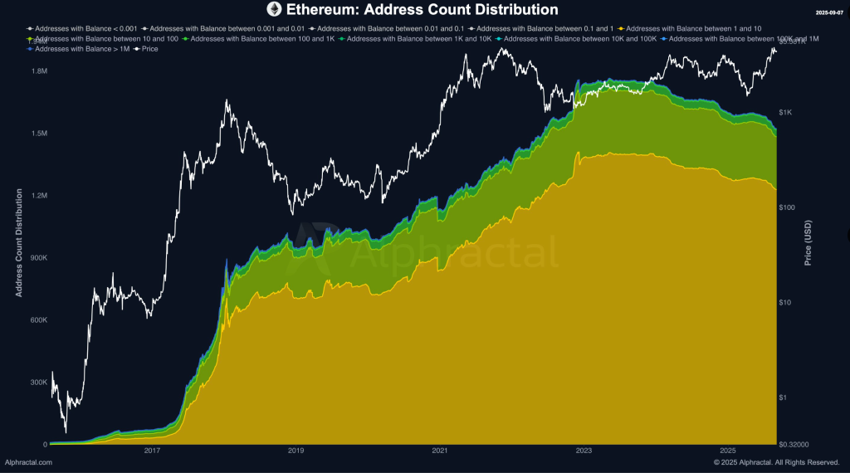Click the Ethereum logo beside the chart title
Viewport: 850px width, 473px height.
(274, 10)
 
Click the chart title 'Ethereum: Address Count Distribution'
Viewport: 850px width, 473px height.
(423, 10)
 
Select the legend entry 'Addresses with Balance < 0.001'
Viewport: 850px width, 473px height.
(81, 28)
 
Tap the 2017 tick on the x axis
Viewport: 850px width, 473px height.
(152, 451)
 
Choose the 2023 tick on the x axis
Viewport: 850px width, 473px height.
(584, 451)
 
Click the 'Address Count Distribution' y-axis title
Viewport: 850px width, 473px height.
(19, 242)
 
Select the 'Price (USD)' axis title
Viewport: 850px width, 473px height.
(809, 242)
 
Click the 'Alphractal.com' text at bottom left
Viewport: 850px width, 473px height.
(28, 462)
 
